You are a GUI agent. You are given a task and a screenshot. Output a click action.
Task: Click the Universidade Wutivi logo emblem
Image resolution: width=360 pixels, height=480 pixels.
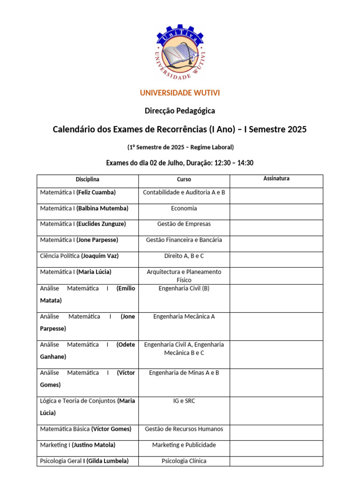[180, 52]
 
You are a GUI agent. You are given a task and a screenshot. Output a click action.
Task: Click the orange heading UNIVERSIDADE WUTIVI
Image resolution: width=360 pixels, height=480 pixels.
[180, 93]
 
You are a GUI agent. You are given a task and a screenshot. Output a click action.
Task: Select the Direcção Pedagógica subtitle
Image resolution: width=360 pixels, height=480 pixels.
[180, 111]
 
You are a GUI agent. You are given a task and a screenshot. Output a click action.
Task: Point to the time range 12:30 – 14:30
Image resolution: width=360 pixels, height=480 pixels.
[234, 163]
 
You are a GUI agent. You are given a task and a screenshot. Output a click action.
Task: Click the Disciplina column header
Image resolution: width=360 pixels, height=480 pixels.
[88, 180]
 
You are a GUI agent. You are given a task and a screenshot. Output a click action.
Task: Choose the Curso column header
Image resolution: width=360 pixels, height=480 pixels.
[184, 180]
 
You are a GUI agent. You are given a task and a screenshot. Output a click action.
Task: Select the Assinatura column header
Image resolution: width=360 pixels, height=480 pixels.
[276, 179]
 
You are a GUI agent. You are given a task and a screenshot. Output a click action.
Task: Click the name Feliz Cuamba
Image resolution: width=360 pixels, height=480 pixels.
[96, 193]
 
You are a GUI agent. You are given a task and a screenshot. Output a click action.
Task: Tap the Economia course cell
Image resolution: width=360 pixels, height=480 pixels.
[184, 209]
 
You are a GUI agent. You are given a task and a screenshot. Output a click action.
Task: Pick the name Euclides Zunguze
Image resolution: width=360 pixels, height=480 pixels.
[101, 224]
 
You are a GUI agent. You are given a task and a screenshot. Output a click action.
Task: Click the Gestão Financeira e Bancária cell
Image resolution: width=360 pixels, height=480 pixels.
[184, 240]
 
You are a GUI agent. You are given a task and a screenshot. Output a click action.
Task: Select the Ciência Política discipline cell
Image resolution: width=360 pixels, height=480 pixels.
[79, 256]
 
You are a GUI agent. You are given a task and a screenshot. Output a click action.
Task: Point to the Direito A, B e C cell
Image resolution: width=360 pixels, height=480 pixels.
[184, 256]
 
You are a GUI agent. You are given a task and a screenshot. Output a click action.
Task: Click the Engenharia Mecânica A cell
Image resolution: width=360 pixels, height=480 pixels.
[184, 316]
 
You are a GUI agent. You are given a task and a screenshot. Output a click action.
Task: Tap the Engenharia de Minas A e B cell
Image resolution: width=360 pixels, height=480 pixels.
[184, 373]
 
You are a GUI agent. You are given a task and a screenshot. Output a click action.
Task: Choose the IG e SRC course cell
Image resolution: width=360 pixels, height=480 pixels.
[184, 401]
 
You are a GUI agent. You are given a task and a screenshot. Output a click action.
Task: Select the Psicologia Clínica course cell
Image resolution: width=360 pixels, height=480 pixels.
[184, 461]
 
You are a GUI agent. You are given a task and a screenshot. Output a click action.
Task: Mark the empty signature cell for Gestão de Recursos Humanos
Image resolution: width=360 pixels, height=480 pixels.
[276, 432]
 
